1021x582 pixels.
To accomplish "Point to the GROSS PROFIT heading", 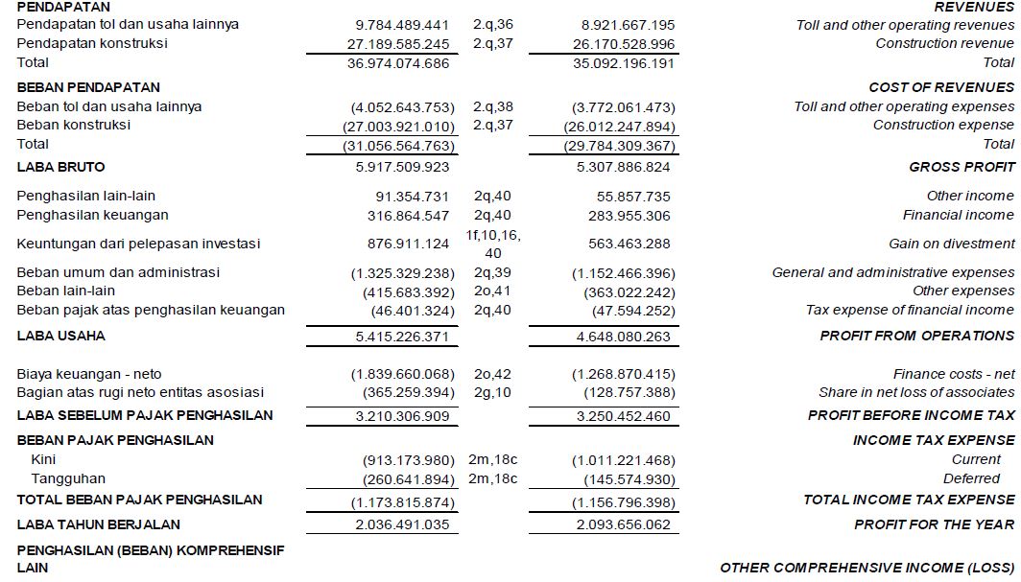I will pyautogui.click(x=962, y=167).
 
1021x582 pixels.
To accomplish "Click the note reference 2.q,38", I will pyautogui.click(x=493, y=106).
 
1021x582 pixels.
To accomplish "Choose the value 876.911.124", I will pyautogui.click(x=409, y=244).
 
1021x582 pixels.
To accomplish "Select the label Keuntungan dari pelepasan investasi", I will pyautogui.click(x=138, y=244).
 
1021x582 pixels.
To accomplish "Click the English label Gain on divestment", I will pyautogui.click(x=950, y=244).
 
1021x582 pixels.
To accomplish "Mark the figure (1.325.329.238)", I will pyautogui.click(x=402, y=273).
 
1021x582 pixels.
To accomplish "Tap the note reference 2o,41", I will pyautogui.click(x=493, y=291).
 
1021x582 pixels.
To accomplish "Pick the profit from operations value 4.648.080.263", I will pyautogui.click(x=625, y=337).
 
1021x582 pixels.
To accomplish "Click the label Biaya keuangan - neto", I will pyautogui.click(x=89, y=374).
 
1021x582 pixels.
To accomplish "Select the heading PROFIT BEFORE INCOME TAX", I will pyautogui.click(x=911, y=415).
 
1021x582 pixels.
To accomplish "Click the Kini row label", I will pyautogui.click(x=44, y=459).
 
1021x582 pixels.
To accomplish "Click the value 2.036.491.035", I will pyautogui.click(x=401, y=524).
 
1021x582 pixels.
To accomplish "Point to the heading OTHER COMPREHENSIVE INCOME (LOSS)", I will pyautogui.click(x=867, y=568).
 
